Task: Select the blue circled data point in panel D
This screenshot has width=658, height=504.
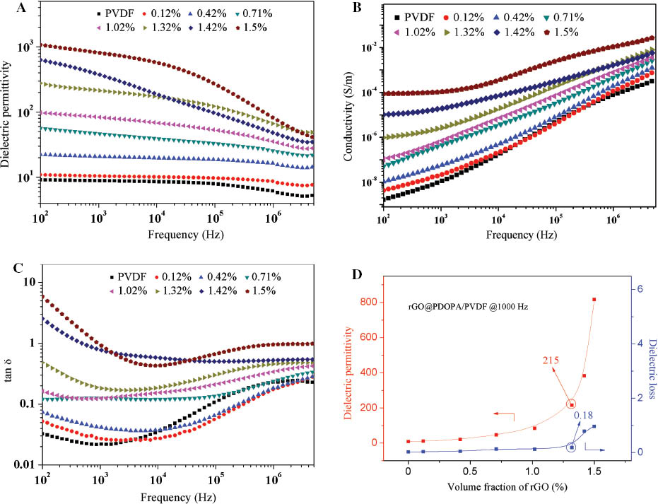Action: click(571, 447)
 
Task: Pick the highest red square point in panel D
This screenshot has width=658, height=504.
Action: click(594, 300)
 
